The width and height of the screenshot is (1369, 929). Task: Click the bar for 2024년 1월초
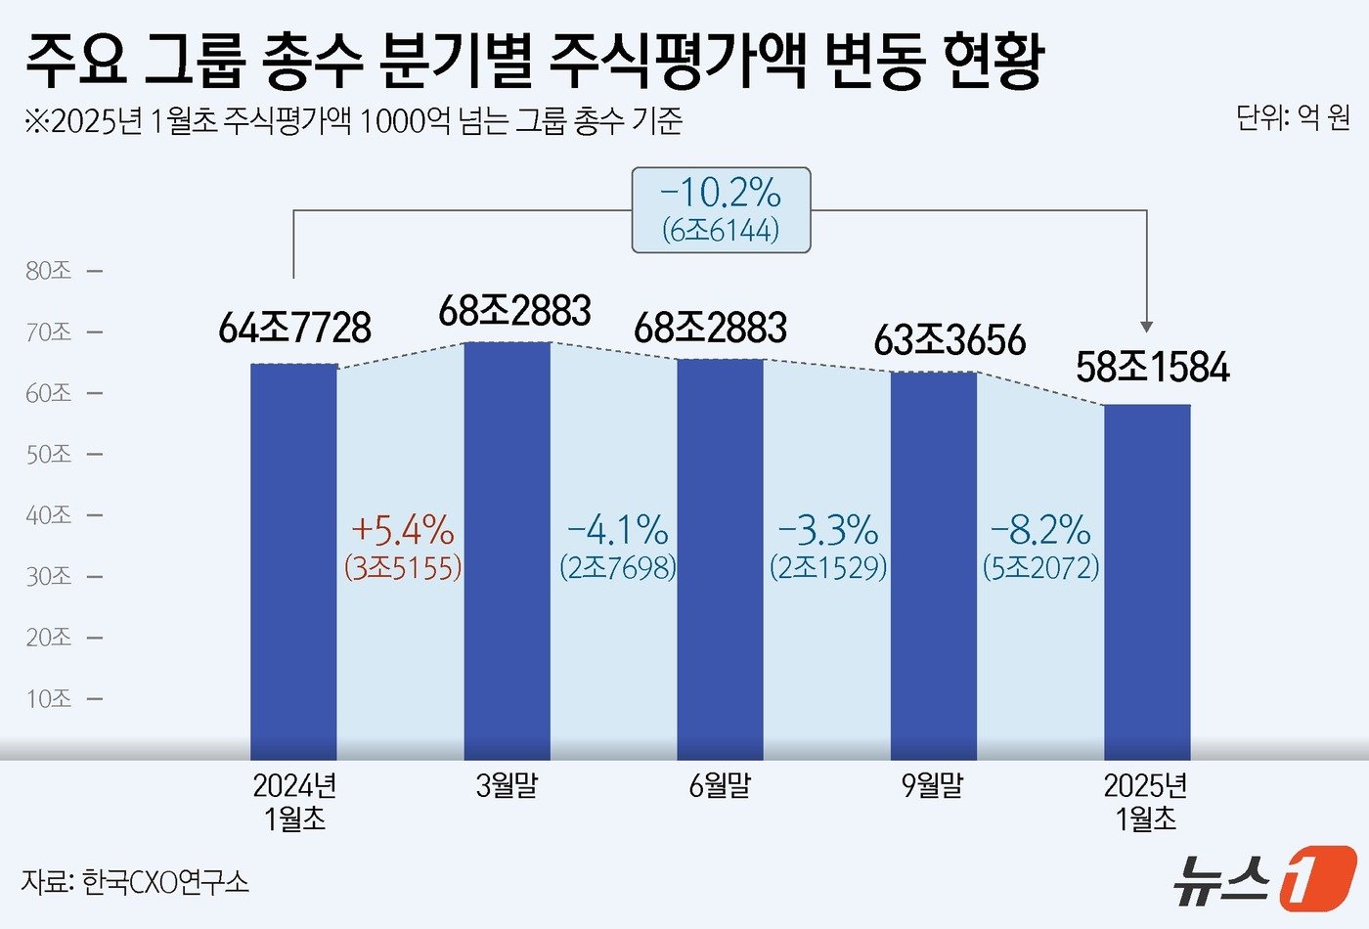coord(294,561)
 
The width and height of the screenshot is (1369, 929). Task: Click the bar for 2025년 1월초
coord(1147,582)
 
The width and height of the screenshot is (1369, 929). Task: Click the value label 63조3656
coord(949,340)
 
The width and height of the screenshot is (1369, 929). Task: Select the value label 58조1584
coord(1152,368)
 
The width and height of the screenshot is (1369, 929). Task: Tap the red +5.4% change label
coord(402,530)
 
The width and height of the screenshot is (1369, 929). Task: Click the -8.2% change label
coord(1040,530)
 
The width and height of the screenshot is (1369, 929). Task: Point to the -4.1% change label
coord(618,530)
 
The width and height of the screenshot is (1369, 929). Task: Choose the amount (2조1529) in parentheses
coord(828,567)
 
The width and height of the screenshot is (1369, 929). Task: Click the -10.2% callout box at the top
coord(721,209)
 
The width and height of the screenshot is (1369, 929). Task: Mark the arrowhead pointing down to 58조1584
coord(1147,327)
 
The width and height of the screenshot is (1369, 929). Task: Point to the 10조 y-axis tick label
coord(49,699)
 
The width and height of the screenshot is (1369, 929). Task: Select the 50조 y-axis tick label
coord(49,455)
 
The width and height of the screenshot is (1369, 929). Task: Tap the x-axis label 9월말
coord(933,785)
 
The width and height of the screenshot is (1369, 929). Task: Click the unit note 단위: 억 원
coord(1292,118)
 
